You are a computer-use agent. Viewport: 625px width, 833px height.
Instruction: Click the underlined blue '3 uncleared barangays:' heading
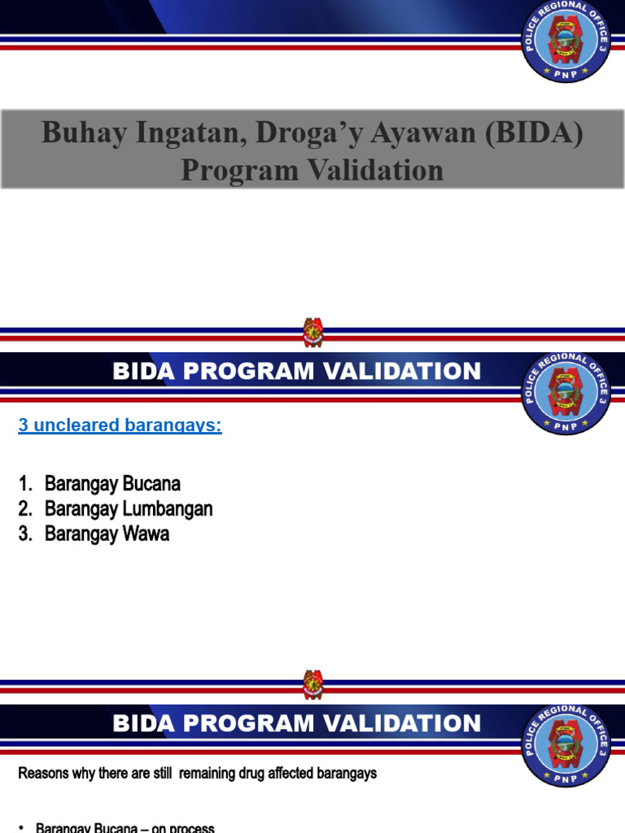(x=120, y=425)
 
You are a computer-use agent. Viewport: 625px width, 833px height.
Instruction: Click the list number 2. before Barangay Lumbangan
(x=26, y=509)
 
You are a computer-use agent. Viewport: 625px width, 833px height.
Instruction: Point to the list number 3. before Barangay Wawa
(x=26, y=534)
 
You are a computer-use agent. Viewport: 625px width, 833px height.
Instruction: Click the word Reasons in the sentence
(x=43, y=773)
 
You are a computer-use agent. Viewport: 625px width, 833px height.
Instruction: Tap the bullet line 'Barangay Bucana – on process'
(x=125, y=827)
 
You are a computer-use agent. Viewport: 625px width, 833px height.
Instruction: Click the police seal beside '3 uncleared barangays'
(x=566, y=393)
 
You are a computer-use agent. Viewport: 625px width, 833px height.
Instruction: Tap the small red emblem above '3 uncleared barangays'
(x=312, y=333)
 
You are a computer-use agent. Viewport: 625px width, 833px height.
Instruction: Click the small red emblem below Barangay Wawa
(x=312, y=684)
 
